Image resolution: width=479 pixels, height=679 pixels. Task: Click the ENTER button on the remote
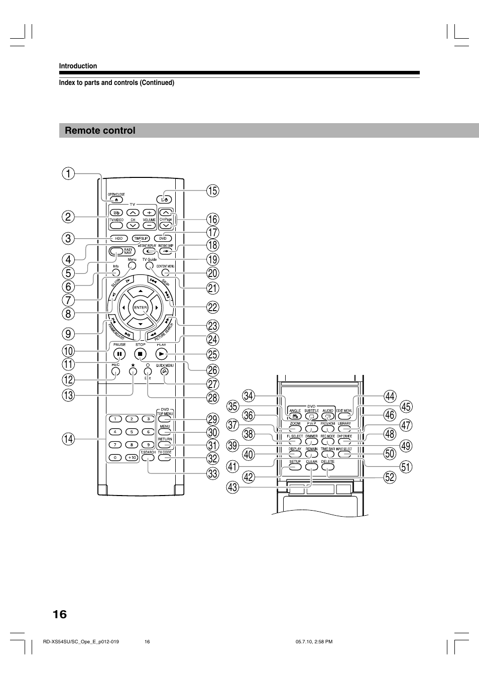[141, 308]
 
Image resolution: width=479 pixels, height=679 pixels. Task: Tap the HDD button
[118, 238]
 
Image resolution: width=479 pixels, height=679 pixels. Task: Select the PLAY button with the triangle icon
[161, 354]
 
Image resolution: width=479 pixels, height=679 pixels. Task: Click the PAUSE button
[119, 354]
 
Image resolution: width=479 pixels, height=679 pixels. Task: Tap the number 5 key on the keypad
[132, 432]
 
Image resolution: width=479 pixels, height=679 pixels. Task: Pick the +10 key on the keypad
[132, 458]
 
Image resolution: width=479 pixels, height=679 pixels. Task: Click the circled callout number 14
[68, 439]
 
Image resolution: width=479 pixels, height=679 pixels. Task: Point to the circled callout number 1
[68, 174]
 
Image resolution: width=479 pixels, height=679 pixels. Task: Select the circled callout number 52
[390, 476]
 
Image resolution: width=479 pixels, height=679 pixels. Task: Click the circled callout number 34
[249, 397]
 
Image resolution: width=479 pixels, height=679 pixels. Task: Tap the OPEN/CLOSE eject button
[115, 200]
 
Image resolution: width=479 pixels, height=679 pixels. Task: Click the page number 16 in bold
[59, 614]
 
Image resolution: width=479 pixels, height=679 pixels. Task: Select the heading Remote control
[100, 131]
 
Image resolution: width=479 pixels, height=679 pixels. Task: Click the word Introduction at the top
[78, 66]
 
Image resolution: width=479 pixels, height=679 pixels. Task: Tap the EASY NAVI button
[118, 251]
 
